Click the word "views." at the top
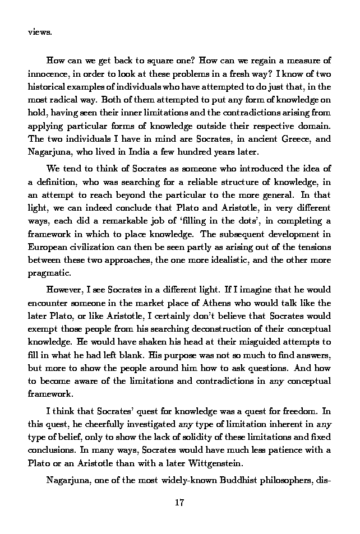(x=40, y=32)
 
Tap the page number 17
(x=179, y=502)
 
